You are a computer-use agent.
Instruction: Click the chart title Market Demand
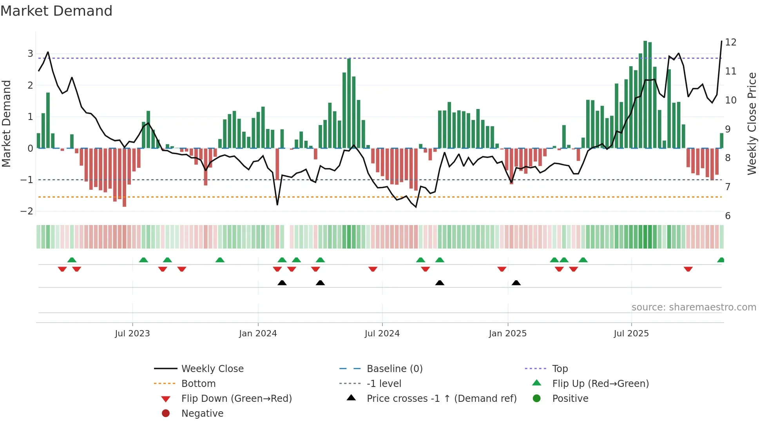click(x=56, y=11)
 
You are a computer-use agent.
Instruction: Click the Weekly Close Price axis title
click(x=752, y=123)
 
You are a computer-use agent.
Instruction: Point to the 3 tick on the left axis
click(x=30, y=54)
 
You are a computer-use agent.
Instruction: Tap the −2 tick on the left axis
click(x=27, y=211)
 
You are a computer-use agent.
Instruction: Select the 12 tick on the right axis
click(x=731, y=42)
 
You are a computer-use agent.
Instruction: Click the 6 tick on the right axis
click(x=728, y=216)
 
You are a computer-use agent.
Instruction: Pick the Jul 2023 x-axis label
click(x=132, y=334)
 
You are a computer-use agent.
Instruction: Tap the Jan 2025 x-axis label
click(x=508, y=334)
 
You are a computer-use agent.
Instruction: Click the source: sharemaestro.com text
click(x=694, y=307)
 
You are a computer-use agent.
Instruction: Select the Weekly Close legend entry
click(x=212, y=369)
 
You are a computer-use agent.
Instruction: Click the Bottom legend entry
click(x=198, y=384)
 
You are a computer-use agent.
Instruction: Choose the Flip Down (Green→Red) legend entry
click(x=236, y=399)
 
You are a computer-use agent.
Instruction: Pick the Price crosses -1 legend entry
click(x=441, y=399)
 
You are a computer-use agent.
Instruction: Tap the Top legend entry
click(x=560, y=369)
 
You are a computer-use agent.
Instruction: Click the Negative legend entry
click(x=202, y=414)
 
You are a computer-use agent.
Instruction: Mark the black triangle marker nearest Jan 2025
click(x=516, y=283)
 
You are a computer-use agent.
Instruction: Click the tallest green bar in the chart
click(x=645, y=94)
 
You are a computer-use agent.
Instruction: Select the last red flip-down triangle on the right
click(x=688, y=269)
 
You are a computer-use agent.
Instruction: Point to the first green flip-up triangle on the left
click(x=72, y=260)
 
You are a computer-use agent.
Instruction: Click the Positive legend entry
click(x=570, y=399)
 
